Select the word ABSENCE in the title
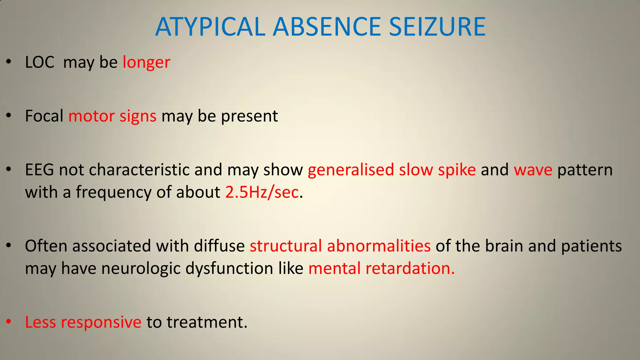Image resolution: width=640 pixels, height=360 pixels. tap(327, 27)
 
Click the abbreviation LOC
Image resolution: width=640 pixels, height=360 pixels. tap(40, 62)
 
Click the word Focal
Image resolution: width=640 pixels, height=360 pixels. tap(44, 116)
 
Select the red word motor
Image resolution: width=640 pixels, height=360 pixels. tap(91, 116)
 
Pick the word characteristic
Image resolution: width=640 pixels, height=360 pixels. tap(139, 170)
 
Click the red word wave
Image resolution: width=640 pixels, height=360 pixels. tap(533, 170)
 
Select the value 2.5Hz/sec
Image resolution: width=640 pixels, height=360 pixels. tap(262, 192)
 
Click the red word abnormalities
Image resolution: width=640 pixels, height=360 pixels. tap(379, 246)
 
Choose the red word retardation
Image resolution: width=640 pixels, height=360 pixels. tap(410, 268)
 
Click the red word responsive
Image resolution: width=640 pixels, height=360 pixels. tap(101, 322)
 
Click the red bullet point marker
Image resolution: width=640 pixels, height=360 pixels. tap(9, 322)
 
